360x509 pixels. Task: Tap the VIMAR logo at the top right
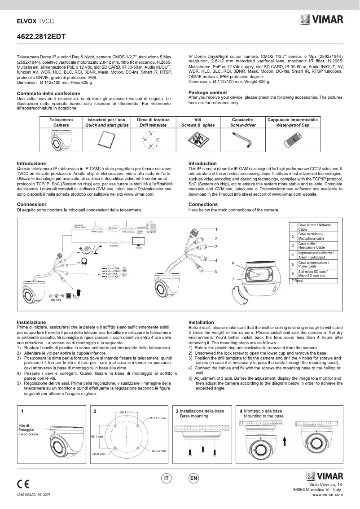pos(321,20)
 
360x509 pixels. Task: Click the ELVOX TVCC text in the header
pos(35,21)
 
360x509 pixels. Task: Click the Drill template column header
pos(153,123)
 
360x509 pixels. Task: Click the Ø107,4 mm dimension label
pos(158,418)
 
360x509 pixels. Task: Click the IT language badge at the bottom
pos(166,478)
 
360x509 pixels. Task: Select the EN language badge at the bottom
pos(193,478)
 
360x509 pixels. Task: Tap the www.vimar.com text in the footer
pos(327,495)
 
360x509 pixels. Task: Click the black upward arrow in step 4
pos(285,440)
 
